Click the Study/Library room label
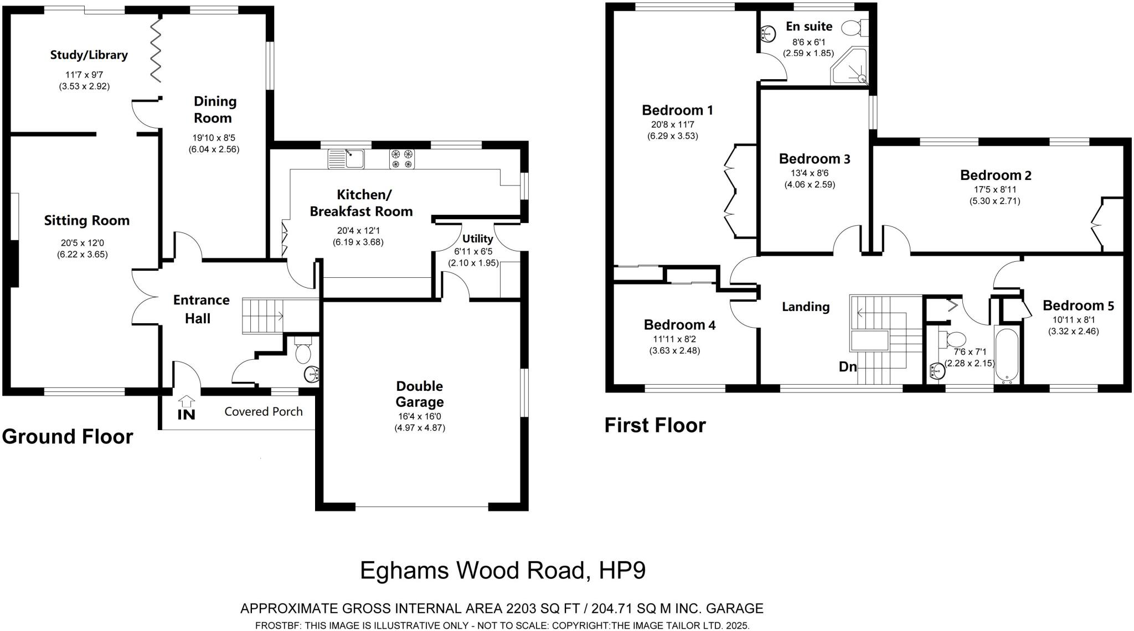tap(89, 55)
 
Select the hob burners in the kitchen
tap(402, 159)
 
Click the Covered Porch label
tap(264, 411)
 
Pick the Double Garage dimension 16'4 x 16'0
tap(419, 416)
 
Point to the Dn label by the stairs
tap(848, 366)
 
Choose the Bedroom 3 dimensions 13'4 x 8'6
tap(810, 173)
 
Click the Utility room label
tap(477, 239)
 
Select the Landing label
tap(805, 307)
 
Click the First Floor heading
tap(655, 425)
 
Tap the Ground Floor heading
tap(68, 436)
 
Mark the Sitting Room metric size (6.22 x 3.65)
tap(82, 255)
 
